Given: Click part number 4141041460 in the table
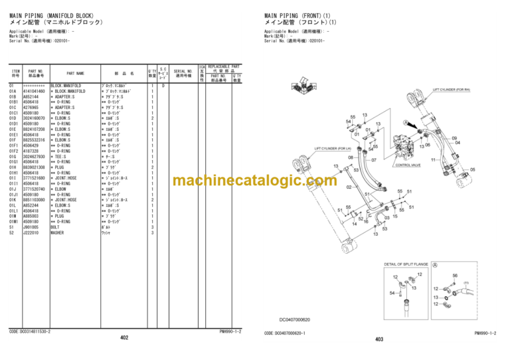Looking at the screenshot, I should coord(34,91).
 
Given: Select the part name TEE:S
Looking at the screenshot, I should coord(66,156).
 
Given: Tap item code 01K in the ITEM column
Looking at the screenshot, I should coord(13,199).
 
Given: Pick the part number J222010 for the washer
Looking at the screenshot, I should coord(31,232).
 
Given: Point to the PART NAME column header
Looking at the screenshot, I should coord(75,74).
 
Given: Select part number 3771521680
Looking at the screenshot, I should coord(34,178).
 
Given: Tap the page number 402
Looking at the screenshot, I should coord(124,338).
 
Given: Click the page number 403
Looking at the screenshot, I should coord(379,339).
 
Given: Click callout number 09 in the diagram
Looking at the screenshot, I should coord(455,137).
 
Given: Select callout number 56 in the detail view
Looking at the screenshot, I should coord(454,275).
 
